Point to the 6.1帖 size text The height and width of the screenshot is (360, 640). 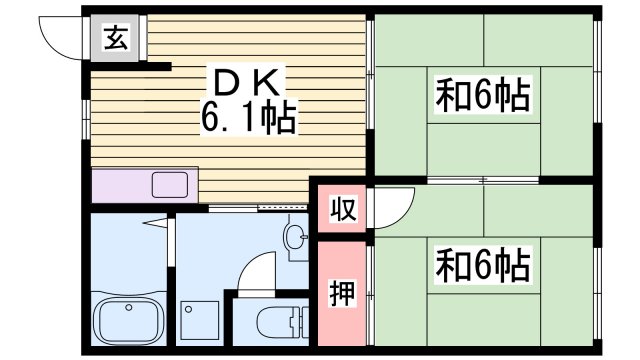click(247, 119)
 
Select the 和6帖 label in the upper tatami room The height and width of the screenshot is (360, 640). click(482, 96)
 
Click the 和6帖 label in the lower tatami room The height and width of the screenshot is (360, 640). click(482, 265)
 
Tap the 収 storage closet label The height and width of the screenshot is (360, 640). click(341, 211)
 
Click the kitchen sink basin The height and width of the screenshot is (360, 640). click(171, 185)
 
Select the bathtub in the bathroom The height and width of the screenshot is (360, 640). click(129, 319)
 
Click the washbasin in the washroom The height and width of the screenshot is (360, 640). click(296, 237)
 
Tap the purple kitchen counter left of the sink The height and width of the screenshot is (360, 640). click(119, 185)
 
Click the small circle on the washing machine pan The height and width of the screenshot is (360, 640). click(188, 308)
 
